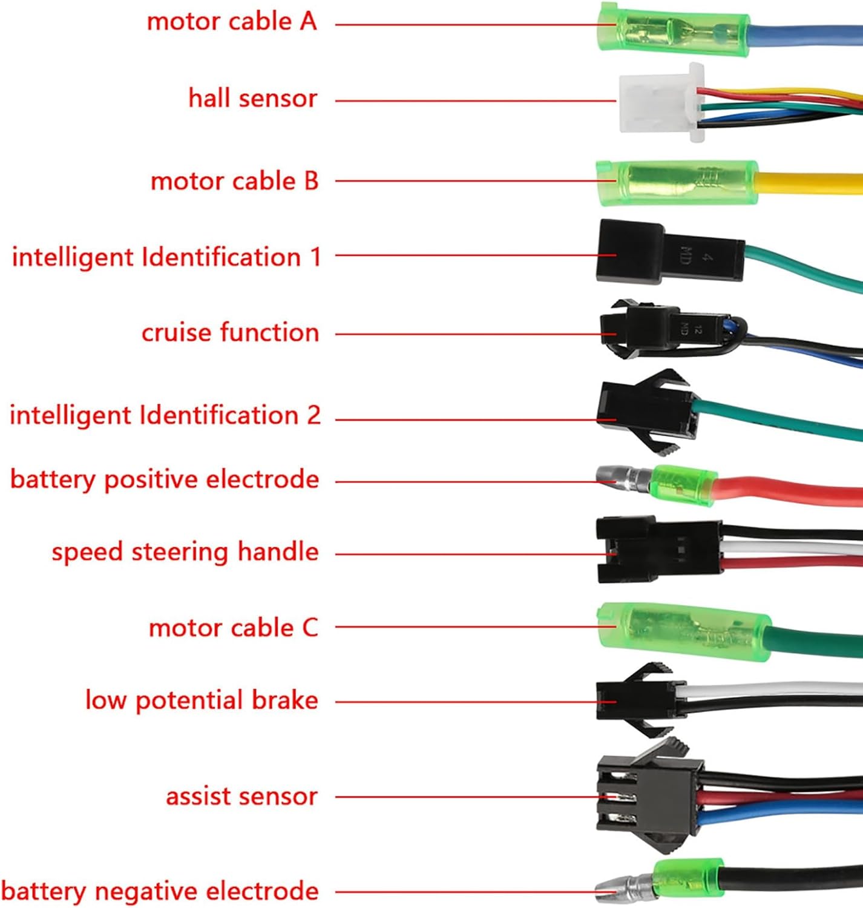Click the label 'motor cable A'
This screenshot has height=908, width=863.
[232, 22]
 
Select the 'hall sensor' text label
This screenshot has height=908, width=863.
[252, 98]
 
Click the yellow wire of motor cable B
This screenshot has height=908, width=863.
[811, 183]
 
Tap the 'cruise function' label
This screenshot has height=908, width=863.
[230, 333]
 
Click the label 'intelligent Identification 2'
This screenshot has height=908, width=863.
[165, 416]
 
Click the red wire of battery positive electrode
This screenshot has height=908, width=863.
[787, 487]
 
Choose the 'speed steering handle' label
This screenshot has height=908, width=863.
[185, 552]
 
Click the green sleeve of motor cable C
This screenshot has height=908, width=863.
[684, 631]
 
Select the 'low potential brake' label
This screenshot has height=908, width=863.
[202, 700]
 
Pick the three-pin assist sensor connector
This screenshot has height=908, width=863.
[648, 796]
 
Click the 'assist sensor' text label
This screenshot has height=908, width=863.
[241, 797]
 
